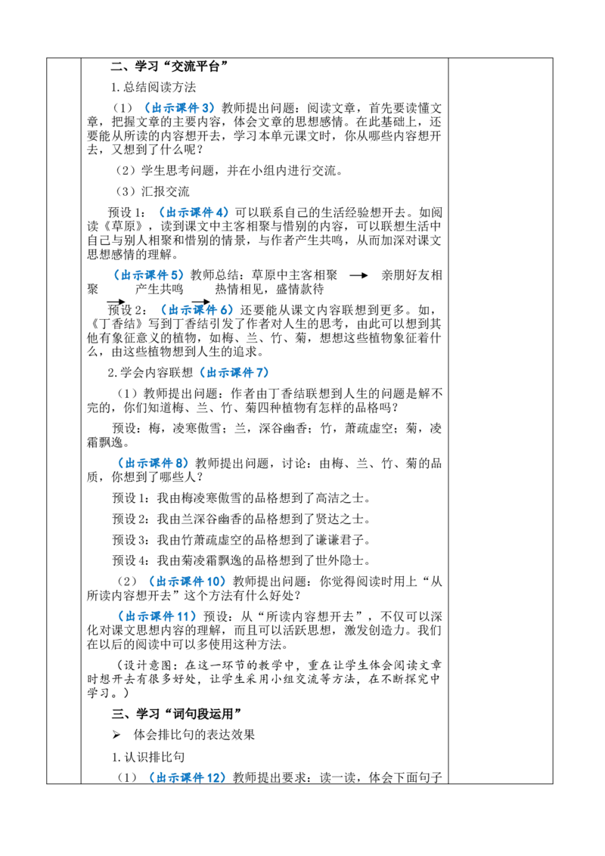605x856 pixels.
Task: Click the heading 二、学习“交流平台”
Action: pos(170,67)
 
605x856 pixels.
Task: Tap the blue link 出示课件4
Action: pos(194,212)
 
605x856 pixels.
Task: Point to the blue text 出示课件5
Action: pos(148,275)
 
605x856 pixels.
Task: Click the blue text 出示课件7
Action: pos(233,373)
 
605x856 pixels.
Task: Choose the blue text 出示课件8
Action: pos(153,464)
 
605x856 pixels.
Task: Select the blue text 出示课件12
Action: pos(187,777)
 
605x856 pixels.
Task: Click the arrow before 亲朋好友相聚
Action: pos(358,276)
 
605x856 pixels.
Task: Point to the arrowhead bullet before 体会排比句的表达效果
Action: pos(116,735)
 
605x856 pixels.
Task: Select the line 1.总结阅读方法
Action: pos(154,88)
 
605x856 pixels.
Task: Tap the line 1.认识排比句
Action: pos(148,757)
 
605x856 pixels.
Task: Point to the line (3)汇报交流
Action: pos(152,191)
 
